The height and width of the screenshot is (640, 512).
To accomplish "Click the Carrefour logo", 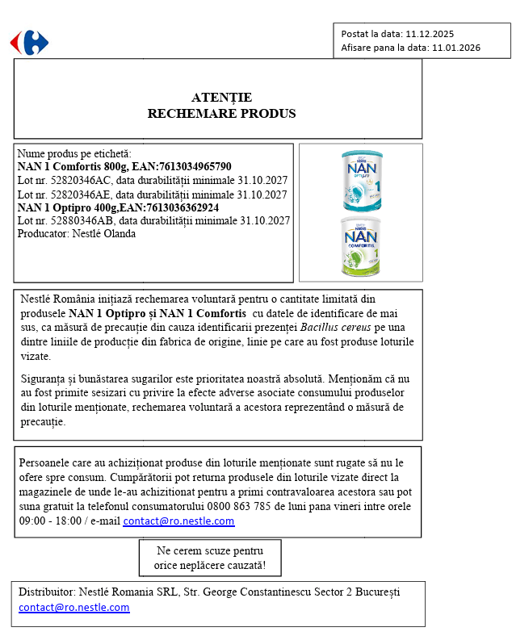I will click(29, 42).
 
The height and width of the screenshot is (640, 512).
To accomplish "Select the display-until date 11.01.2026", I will click(456, 48).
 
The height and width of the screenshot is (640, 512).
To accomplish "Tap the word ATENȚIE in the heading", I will click(221, 98).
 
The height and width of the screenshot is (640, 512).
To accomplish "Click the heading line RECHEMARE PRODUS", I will click(221, 113).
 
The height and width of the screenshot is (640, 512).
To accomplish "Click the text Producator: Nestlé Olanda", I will click(77, 234).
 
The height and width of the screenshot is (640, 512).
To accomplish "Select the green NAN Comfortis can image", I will click(360, 245).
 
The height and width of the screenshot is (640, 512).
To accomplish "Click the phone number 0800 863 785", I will click(231, 507).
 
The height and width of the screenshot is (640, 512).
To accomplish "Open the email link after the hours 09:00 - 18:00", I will click(178, 521).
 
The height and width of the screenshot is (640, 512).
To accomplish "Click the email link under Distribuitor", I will click(74, 608).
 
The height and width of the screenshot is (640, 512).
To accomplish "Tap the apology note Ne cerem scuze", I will click(209, 558).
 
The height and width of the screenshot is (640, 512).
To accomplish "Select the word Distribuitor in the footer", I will click(47, 592).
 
